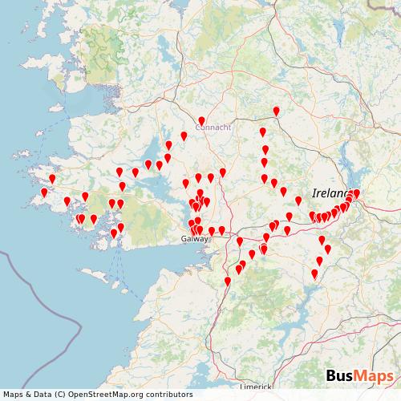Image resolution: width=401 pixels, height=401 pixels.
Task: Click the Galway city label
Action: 194,239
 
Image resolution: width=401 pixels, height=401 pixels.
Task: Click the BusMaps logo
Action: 358,376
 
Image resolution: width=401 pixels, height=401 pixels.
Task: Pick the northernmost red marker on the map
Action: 277,111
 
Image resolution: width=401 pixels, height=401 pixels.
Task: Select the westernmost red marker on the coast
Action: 44,192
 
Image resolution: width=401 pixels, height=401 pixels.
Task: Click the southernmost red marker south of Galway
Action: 228,281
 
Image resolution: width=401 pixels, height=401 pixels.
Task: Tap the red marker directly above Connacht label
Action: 201,120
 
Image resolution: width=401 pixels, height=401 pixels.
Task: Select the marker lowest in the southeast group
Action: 314,273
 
